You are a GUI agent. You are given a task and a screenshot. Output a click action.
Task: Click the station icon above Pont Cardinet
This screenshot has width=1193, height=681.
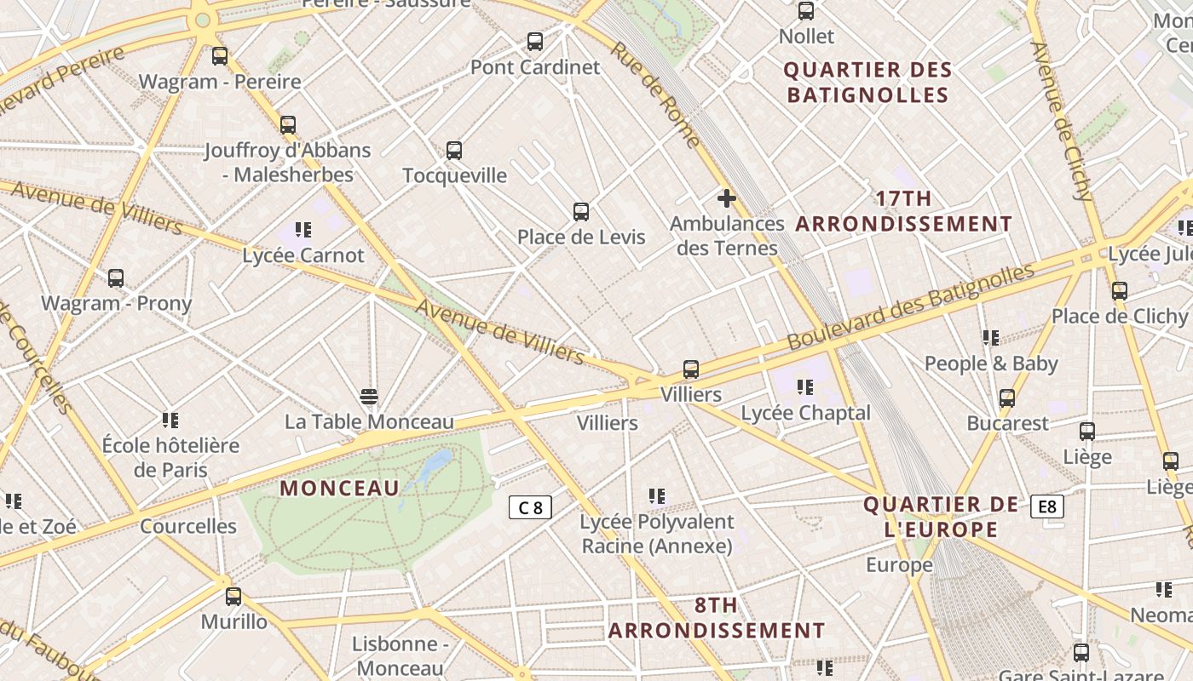click(535, 41)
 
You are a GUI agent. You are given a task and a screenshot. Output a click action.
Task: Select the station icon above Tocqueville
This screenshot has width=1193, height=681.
click(454, 151)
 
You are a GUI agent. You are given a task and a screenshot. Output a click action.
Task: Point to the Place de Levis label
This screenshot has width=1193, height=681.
click(581, 237)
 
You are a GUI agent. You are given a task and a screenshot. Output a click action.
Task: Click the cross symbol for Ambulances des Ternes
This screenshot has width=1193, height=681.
click(726, 198)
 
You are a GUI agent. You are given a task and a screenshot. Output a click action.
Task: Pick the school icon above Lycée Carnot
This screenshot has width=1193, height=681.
click(303, 230)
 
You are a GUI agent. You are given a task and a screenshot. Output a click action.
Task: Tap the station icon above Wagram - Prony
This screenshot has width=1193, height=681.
click(116, 278)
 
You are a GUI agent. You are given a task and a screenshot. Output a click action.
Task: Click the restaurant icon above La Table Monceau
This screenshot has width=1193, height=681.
click(369, 397)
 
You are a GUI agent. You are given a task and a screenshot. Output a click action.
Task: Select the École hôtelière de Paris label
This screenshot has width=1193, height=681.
click(170, 457)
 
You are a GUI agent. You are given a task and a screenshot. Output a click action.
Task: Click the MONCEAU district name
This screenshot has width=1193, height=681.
click(339, 489)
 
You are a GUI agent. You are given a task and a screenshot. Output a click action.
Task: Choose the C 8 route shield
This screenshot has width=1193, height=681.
click(530, 508)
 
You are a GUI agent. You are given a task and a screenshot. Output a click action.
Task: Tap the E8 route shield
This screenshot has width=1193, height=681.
click(1046, 507)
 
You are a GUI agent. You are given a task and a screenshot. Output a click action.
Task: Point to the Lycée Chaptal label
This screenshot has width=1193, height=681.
click(805, 413)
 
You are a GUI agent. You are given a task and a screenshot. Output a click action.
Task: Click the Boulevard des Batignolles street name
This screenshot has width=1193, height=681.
click(910, 306)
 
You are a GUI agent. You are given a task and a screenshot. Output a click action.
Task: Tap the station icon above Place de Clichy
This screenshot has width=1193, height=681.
click(1120, 291)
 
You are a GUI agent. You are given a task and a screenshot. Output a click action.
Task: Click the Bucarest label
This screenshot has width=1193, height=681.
click(1007, 423)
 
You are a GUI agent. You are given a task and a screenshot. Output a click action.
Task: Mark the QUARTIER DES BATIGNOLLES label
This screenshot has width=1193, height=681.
click(867, 82)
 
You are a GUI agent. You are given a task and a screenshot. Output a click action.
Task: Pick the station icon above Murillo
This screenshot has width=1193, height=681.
click(233, 597)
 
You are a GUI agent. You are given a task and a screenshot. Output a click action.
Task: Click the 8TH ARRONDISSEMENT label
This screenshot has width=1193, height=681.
click(716, 618)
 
